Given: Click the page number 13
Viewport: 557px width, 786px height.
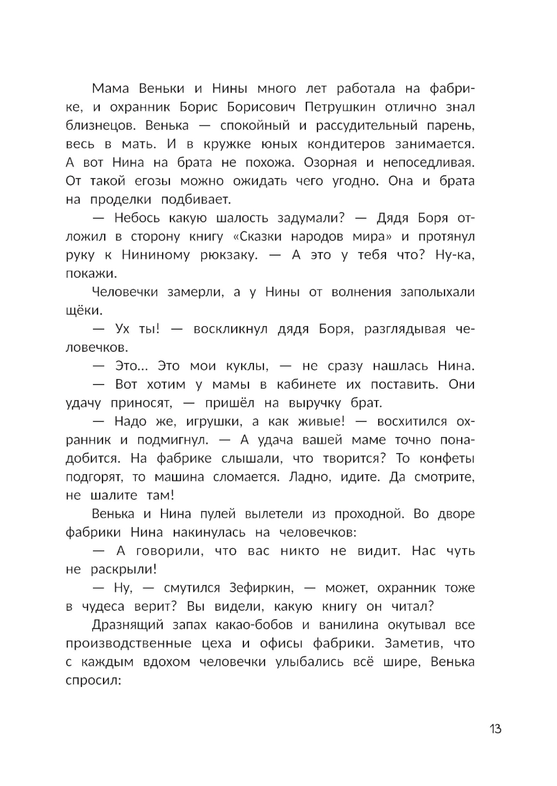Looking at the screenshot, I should pyautogui.click(x=495, y=729).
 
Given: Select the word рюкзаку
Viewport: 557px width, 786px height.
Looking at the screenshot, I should pyautogui.click(x=229, y=255).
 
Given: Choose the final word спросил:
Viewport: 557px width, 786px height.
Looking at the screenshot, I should pyautogui.click(x=94, y=681).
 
